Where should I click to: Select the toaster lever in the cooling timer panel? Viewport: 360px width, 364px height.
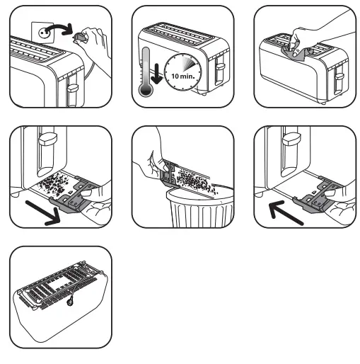point(220,71)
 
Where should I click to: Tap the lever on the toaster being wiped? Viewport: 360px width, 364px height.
point(339,76)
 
